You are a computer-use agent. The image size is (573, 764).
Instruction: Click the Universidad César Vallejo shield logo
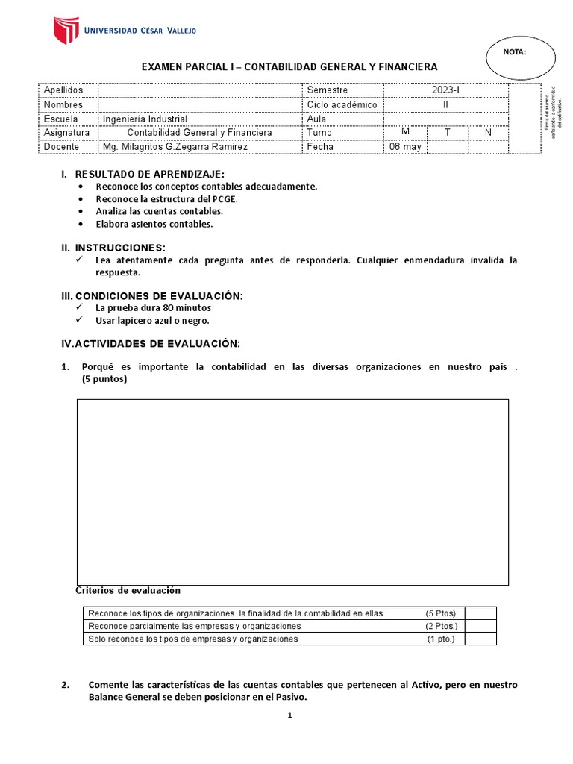(66, 31)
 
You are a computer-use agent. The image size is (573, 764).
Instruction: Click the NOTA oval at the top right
(515, 55)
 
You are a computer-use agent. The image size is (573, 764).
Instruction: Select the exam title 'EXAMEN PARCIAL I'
(190, 67)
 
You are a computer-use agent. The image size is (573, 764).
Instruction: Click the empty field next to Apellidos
(199, 90)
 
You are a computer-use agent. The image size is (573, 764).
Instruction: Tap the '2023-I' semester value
(445, 90)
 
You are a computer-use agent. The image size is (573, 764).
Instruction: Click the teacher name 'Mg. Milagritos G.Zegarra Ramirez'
(175, 147)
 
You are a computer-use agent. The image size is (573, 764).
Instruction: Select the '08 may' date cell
(405, 147)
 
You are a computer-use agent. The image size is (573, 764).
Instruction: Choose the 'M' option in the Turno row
(405, 132)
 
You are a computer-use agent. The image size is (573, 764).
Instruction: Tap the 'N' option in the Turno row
(488, 133)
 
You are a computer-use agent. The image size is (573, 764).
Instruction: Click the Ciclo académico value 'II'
(445, 104)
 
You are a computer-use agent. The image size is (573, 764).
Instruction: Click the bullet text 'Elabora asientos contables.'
(154, 224)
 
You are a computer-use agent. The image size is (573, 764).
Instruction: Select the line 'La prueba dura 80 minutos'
(153, 307)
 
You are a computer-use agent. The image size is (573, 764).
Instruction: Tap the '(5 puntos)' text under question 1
(104, 379)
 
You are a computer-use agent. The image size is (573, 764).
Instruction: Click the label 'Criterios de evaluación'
(128, 590)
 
